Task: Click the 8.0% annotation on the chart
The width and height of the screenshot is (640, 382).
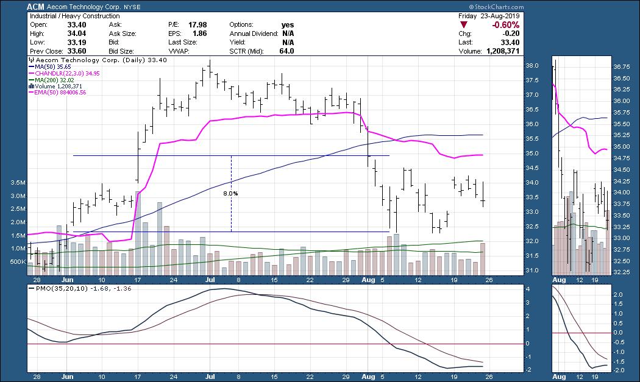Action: [230, 194]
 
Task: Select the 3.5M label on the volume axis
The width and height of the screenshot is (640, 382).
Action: [18, 183]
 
